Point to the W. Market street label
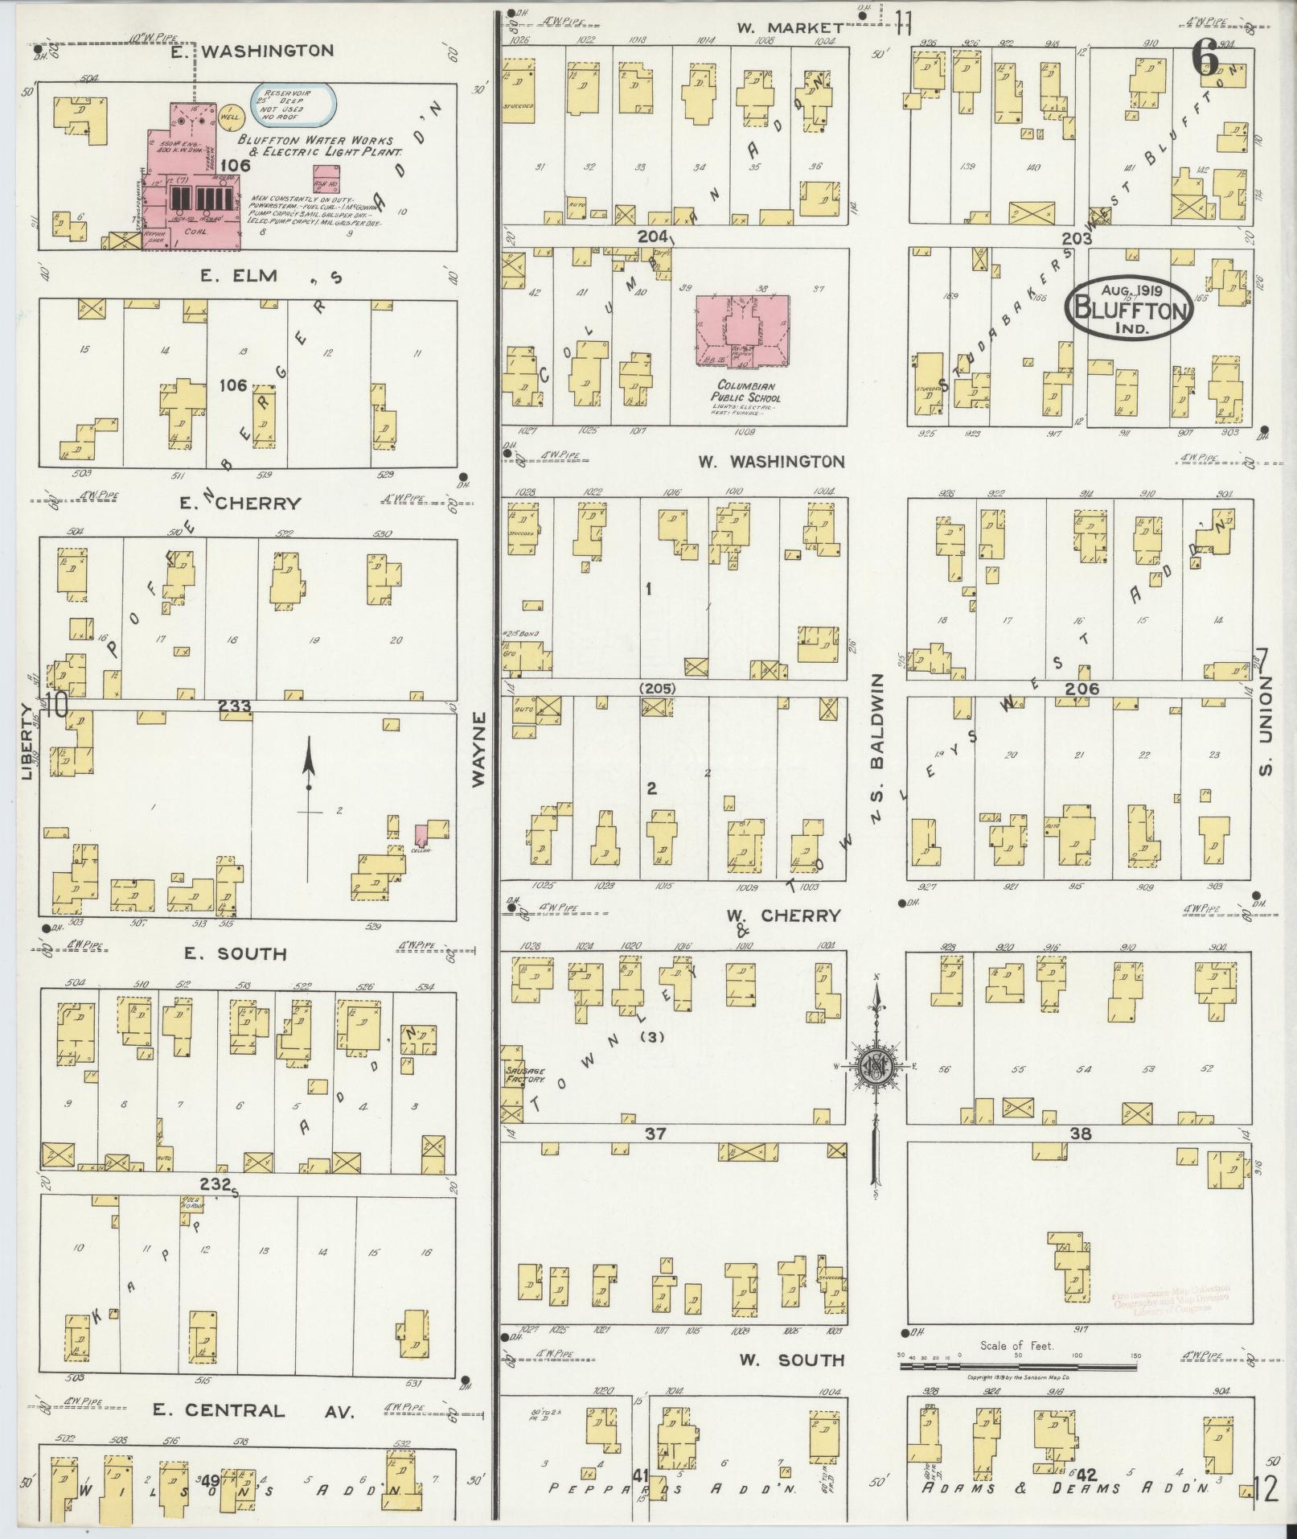[x=790, y=27]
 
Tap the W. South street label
[x=791, y=1360]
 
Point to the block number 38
[x=1080, y=1134]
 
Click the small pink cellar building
[x=421, y=835]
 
